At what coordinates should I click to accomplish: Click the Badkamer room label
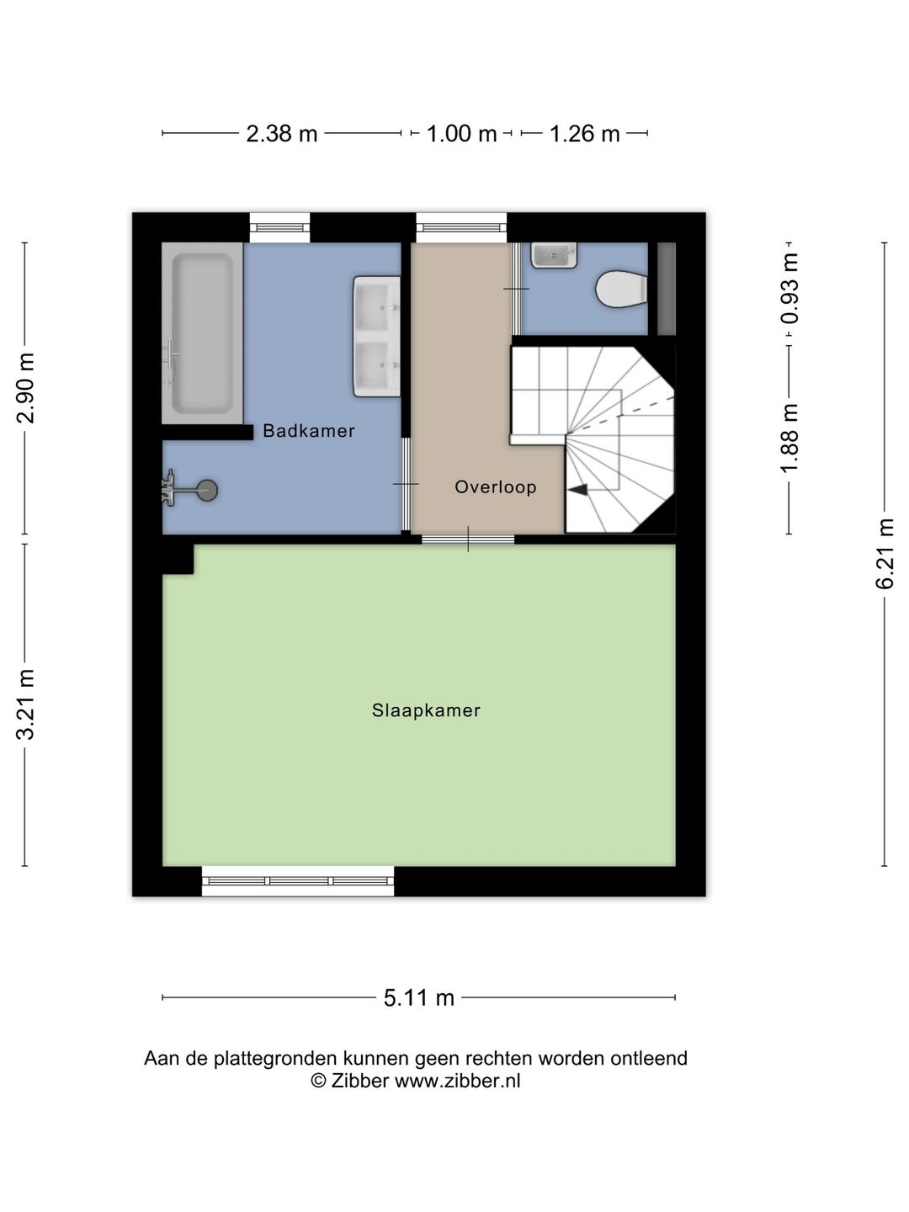pyautogui.click(x=308, y=431)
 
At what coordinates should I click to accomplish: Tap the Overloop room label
pyautogui.click(x=495, y=486)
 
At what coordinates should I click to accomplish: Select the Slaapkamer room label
pyautogui.click(x=426, y=710)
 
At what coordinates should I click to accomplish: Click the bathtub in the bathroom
pyautogui.click(x=202, y=333)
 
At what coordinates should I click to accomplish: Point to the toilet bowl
pyautogui.click(x=620, y=290)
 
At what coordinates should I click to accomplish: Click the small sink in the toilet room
pyautogui.click(x=554, y=254)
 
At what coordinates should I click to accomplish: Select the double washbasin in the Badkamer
pyautogui.click(x=376, y=336)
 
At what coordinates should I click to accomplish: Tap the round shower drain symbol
pyautogui.click(x=205, y=491)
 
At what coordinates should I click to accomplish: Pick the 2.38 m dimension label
pyautogui.click(x=281, y=134)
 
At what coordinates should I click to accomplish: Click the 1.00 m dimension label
pyautogui.click(x=461, y=134)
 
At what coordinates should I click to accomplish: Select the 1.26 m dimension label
pyautogui.click(x=584, y=134)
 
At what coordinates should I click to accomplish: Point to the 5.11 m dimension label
pyautogui.click(x=419, y=998)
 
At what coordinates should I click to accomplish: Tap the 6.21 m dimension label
pyautogui.click(x=885, y=554)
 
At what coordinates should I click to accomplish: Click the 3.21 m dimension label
pyautogui.click(x=26, y=704)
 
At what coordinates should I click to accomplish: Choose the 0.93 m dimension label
pyautogui.click(x=789, y=289)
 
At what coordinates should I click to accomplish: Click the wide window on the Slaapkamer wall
pyautogui.click(x=298, y=881)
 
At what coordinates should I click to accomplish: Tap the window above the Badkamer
pyautogui.click(x=280, y=227)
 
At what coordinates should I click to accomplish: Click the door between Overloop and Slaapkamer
pyautogui.click(x=468, y=540)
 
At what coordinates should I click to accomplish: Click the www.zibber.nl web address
pyautogui.click(x=457, y=1082)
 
